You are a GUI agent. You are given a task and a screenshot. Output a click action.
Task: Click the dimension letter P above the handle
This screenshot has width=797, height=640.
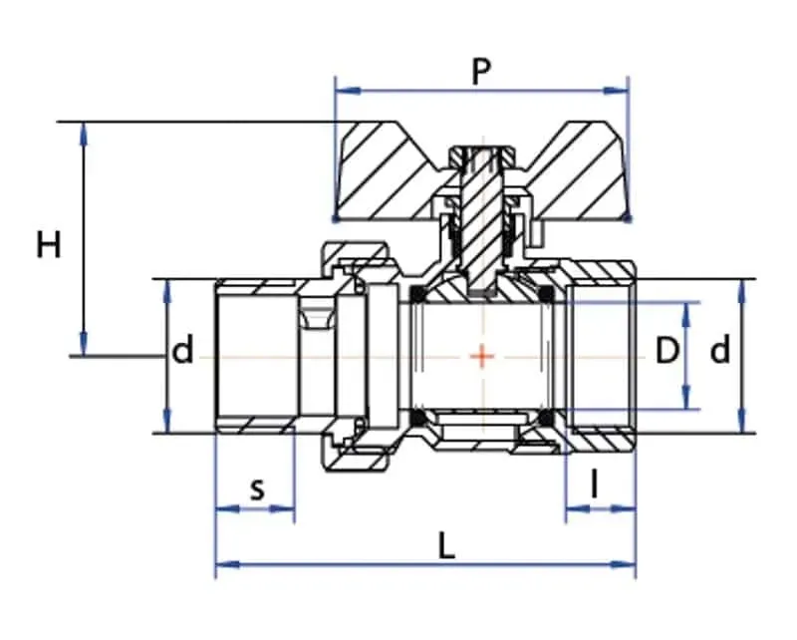click(x=481, y=72)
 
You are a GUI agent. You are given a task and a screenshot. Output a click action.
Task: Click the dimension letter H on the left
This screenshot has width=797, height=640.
click(x=49, y=244)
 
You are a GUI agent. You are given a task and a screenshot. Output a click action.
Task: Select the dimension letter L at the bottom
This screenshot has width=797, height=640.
click(x=445, y=547)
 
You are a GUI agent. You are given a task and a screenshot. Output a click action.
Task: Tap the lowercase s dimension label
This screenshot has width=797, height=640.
click(x=258, y=489)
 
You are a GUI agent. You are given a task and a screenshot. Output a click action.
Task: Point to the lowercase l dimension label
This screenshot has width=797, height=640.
click(x=594, y=483)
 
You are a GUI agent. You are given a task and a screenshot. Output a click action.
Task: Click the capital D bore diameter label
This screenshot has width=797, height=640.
click(x=666, y=351)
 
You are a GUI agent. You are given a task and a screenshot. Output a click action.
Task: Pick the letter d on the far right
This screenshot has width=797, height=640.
click(x=719, y=350)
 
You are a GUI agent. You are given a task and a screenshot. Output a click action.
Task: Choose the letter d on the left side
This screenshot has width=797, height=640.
click(x=183, y=350)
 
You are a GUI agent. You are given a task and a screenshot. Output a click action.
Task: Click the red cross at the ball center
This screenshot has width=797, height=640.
click(x=482, y=356)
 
